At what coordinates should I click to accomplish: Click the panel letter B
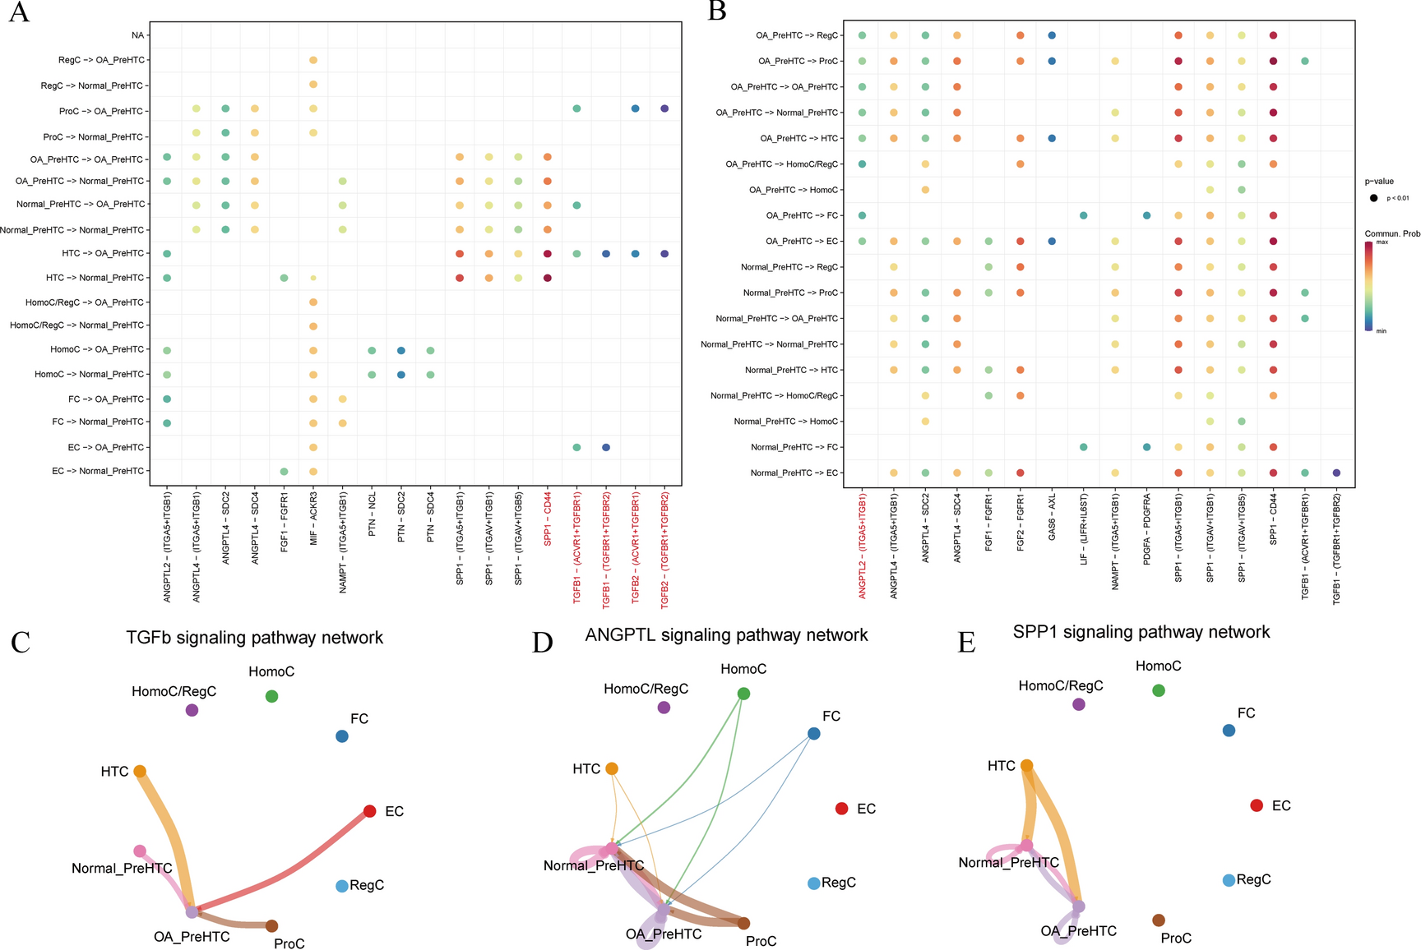click(x=716, y=12)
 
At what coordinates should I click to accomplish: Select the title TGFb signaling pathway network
click(x=254, y=638)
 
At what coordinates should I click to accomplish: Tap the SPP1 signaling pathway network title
click(x=1141, y=632)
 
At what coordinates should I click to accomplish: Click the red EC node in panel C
click(x=370, y=811)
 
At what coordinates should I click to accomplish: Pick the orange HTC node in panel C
click(x=140, y=771)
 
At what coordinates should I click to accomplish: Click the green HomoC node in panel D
click(x=743, y=694)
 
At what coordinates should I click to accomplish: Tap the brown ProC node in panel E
click(x=1159, y=920)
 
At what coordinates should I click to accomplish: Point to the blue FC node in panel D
click(x=813, y=733)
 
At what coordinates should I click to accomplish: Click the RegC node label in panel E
click(x=1253, y=880)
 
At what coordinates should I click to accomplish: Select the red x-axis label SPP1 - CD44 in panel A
click(x=548, y=519)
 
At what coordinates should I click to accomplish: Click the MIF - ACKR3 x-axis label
click(x=313, y=523)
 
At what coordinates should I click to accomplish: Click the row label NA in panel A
click(x=137, y=35)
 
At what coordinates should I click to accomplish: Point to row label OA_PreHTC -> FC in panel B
click(x=802, y=215)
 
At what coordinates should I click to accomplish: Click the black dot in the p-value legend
click(x=1373, y=198)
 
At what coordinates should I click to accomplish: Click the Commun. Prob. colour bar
click(x=1368, y=285)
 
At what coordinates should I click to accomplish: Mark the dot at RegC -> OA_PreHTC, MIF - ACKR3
click(x=313, y=60)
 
